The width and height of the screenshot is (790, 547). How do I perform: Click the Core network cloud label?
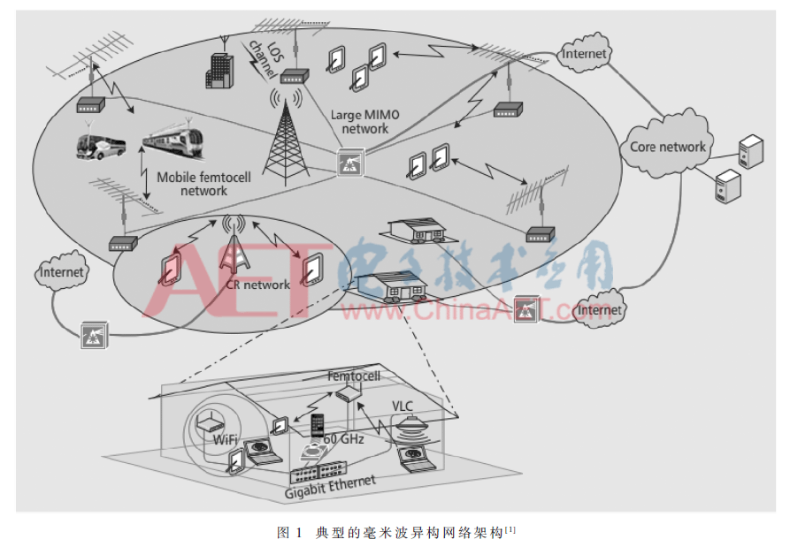click(668, 147)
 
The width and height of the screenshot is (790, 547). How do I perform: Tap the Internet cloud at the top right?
click(584, 53)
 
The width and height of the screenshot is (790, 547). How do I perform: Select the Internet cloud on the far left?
click(61, 272)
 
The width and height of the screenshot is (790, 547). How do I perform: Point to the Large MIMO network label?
click(364, 122)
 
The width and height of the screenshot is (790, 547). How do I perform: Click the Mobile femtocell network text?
click(203, 184)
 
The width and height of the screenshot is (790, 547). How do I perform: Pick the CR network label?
click(258, 285)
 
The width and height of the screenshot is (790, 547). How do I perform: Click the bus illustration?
click(100, 146)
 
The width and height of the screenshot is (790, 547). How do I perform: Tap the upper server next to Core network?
click(751, 150)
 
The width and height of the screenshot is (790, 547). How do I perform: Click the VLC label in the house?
click(402, 406)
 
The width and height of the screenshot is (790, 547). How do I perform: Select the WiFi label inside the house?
click(226, 439)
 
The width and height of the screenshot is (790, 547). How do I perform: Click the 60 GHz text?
click(343, 439)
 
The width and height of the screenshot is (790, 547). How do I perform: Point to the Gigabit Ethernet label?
click(330, 487)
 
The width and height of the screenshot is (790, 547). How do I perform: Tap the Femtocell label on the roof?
click(354, 376)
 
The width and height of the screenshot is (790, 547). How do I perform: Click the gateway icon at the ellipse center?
click(350, 162)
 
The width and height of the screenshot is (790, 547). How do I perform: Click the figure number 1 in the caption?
click(299, 532)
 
